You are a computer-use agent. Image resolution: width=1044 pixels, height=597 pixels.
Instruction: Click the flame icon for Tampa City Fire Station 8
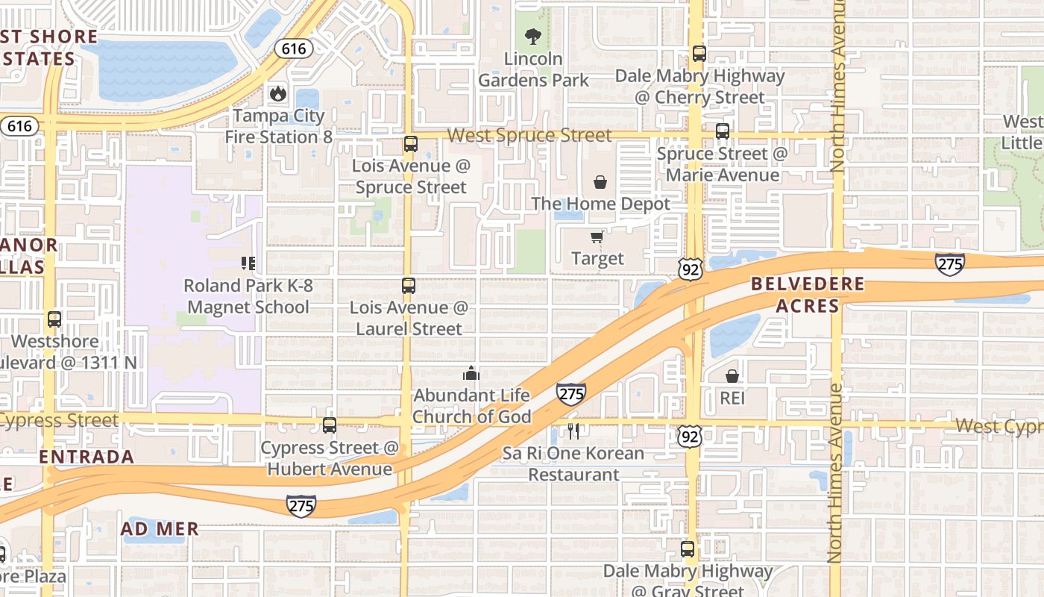point(278,93)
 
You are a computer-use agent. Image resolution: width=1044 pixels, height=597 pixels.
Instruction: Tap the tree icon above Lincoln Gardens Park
point(532,35)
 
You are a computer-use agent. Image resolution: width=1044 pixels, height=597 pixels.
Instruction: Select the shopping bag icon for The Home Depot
point(600,181)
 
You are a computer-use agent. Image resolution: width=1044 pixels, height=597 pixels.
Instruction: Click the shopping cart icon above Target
point(597,237)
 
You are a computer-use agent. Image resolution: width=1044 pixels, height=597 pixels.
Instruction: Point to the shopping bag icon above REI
point(732,375)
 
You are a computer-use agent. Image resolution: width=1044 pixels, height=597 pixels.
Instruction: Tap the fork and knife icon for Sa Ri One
point(573,431)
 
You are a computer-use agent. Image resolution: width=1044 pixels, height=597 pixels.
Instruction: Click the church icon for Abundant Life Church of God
point(471,372)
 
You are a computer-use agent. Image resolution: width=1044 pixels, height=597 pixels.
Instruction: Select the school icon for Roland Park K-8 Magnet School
point(248,263)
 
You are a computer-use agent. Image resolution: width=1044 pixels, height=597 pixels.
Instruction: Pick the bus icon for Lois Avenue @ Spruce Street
point(410,144)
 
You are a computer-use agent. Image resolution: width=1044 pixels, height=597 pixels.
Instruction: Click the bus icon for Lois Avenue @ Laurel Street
point(408,285)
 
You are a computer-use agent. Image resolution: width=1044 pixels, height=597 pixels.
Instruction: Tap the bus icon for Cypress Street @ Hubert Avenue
point(330,425)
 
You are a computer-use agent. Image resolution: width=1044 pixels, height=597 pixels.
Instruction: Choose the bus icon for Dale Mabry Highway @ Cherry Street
point(699,54)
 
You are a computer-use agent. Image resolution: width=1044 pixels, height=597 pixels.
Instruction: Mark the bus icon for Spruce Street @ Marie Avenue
point(722,131)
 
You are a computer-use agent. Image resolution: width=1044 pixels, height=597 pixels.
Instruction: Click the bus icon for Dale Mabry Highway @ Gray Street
point(688,549)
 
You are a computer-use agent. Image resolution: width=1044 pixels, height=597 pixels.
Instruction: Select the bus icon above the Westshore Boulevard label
point(54,319)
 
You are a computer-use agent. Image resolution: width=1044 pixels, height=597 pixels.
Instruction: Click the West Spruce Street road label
point(529,135)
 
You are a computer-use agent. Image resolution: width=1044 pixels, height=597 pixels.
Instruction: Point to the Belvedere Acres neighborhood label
point(808,295)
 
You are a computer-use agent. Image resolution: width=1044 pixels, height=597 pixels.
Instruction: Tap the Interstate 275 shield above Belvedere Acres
point(950,263)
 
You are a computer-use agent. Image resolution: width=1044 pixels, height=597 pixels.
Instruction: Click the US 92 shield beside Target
point(691,269)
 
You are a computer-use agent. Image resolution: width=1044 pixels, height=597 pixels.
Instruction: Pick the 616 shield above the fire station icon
point(293,49)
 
